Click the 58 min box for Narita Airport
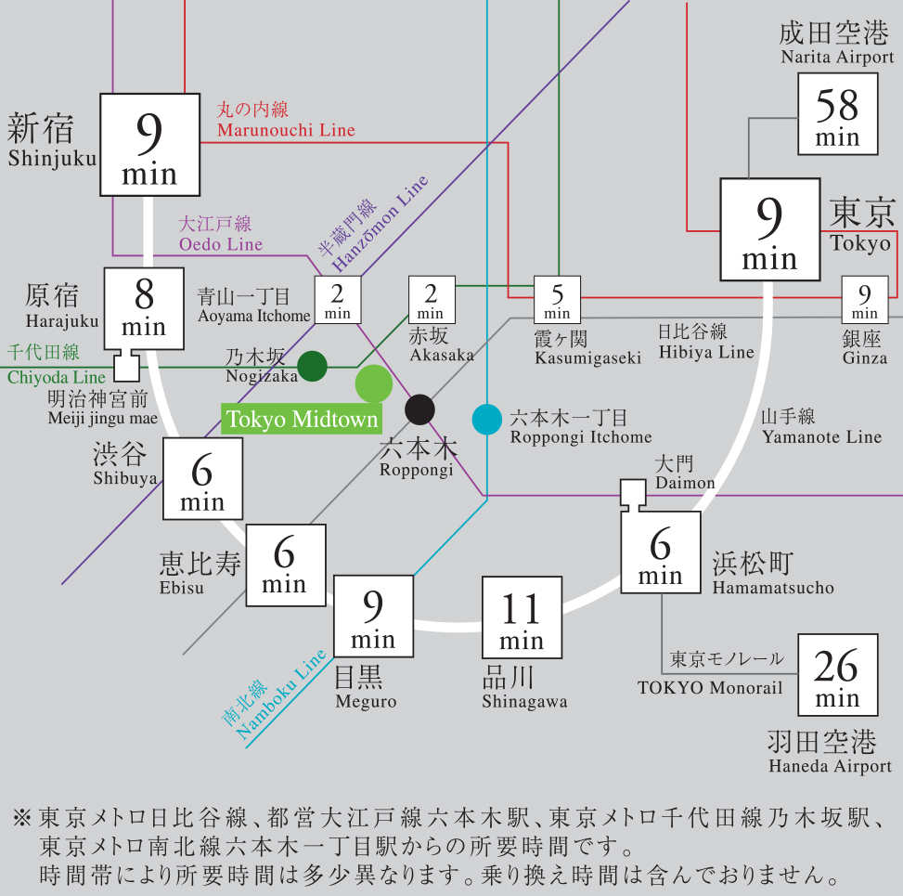[837, 115]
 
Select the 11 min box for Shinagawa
[522, 617]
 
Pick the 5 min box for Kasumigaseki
[557, 300]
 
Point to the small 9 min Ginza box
[864, 300]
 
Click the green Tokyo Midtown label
[303, 420]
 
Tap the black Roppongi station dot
[419, 409]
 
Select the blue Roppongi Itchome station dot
[486, 420]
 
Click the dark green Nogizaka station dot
[313, 366]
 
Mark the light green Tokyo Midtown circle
[374, 383]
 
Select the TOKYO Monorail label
[710, 687]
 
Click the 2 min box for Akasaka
[431, 300]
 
